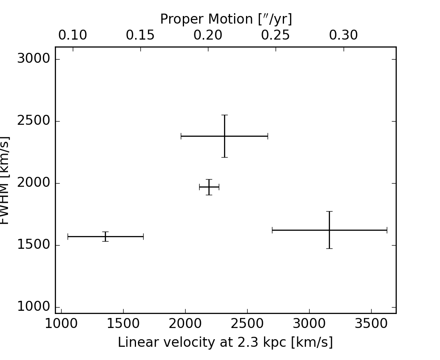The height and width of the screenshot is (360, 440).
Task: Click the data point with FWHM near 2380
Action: [224, 136]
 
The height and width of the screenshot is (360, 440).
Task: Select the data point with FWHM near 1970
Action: [209, 187]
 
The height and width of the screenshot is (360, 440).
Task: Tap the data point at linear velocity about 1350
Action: [105, 236]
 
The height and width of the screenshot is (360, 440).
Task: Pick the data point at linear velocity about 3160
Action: [329, 230]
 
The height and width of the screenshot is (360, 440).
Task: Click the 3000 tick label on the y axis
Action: [34, 59]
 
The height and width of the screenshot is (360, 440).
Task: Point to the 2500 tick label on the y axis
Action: [34, 121]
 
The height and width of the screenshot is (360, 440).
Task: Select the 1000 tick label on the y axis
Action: [34, 307]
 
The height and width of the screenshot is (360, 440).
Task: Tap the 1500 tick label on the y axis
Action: [34, 245]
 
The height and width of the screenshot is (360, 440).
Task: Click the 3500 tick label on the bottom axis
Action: [371, 324]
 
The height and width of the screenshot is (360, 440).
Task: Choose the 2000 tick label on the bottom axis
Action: [185, 324]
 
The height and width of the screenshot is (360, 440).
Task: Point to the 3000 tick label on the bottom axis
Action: [309, 324]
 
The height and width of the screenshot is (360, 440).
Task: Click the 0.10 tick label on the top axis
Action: [72, 36]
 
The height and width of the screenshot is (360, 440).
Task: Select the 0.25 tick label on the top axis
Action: [276, 36]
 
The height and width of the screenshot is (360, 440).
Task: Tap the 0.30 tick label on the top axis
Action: [343, 36]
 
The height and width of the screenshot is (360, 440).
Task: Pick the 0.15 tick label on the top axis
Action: [140, 36]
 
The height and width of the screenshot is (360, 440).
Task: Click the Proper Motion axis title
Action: [226, 19]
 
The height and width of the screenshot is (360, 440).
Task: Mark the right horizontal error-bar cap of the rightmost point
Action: [387, 230]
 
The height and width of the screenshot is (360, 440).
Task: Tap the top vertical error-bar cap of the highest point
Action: [224, 115]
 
